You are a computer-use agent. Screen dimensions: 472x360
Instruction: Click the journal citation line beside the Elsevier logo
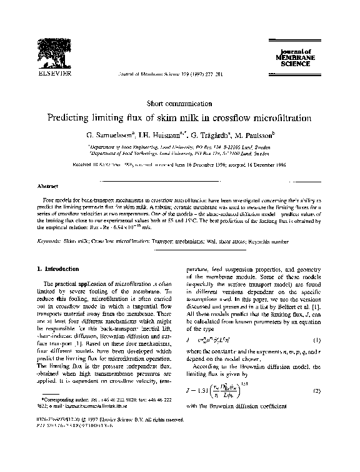[159, 74]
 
